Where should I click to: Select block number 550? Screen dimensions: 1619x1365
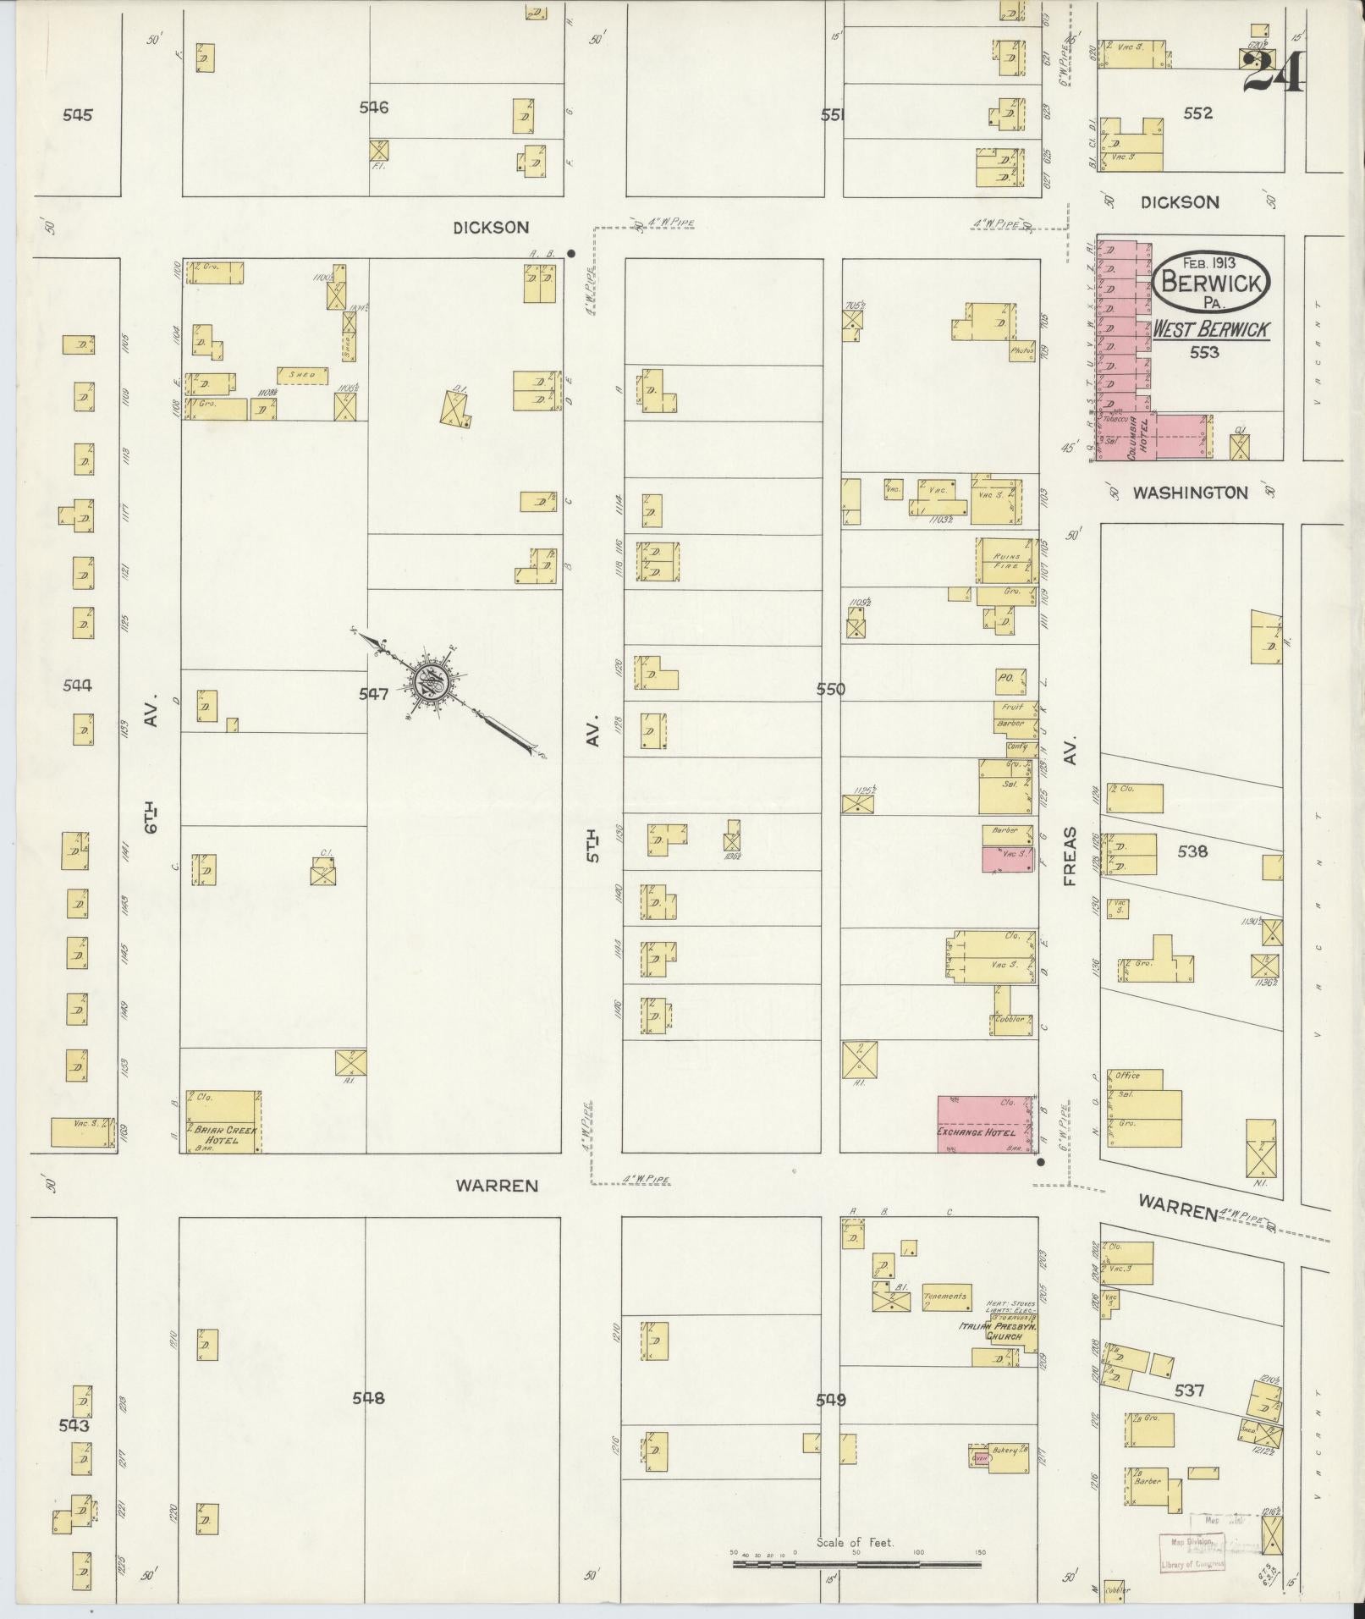[x=831, y=690]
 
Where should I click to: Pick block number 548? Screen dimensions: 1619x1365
[x=368, y=1398]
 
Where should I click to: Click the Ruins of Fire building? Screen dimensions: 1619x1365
[x=1007, y=561]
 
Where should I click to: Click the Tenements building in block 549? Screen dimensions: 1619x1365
[x=945, y=1297]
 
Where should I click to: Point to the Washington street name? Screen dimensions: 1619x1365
[x=1190, y=493]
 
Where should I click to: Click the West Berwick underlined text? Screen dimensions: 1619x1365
[x=1210, y=330]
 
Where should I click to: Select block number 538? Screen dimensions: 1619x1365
[x=1192, y=852]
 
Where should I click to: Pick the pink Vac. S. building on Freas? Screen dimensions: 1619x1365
[x=1007, y=860]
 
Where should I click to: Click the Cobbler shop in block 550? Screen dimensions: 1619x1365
[x=1010, y=1019]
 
